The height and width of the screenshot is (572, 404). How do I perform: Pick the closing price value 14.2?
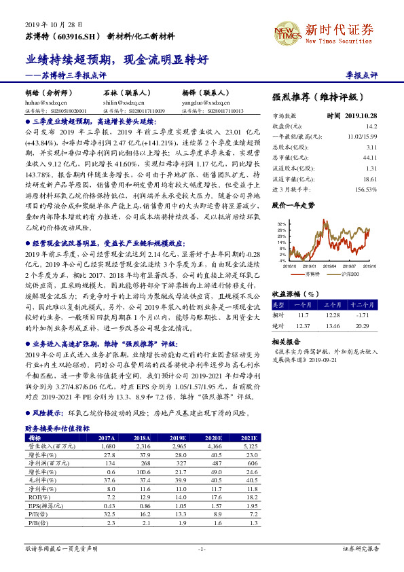point(371,126)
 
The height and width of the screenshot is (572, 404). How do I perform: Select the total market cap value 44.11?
point(370,158)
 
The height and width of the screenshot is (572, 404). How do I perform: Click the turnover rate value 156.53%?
point(366,189)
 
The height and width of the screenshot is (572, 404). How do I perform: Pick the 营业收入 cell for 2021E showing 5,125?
point(249,446)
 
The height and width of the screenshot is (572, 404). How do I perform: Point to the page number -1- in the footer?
point(202,549)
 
